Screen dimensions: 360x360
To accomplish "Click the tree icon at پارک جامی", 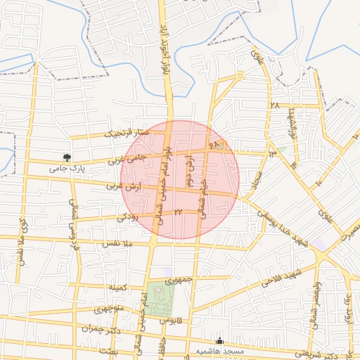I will pos(67,157).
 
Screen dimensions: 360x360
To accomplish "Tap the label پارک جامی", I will pos(66,169).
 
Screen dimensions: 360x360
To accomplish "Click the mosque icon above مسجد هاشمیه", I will pos(220,339).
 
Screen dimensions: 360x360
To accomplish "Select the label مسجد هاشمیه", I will pos(220,350).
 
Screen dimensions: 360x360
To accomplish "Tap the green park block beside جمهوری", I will pos(160,300).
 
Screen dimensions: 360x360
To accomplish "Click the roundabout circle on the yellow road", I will pos(240,75).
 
